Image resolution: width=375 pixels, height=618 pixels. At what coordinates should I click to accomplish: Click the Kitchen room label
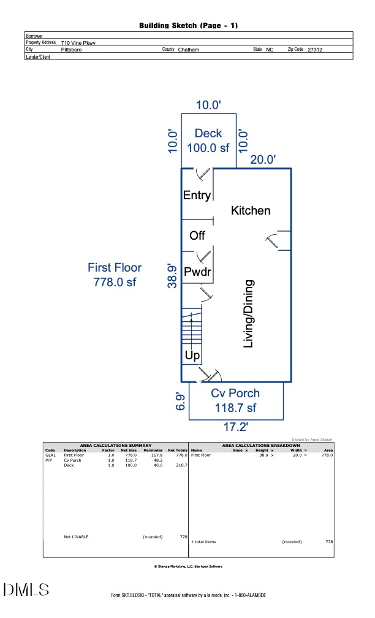click(250, 210)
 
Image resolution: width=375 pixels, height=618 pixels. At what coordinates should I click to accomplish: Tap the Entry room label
click(197, 196)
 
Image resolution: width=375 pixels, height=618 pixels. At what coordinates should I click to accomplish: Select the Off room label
click(197, 235)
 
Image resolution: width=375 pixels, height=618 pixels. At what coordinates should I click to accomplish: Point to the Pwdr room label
click(197, 272)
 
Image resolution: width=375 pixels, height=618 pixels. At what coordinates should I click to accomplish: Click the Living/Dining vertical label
click(249, 314)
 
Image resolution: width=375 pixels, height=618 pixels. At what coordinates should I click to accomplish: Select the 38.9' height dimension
click(174, 275)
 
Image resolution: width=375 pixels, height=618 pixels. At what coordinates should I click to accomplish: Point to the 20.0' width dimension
click(263, 159)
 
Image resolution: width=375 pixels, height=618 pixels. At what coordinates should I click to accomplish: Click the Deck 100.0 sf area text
click(208, 140)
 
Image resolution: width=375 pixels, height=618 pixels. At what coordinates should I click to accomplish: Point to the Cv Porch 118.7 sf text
click(235, 400)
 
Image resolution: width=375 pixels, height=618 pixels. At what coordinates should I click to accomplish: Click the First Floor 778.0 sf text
click(115, 275)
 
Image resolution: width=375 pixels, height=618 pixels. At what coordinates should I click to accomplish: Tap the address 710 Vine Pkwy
click(78, 43)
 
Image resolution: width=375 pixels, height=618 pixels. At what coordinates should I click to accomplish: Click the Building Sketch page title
click(188, 25)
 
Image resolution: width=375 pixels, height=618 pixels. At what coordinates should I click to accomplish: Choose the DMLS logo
click(26, 590)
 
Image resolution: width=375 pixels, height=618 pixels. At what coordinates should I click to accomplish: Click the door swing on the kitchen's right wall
click(279, 240)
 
